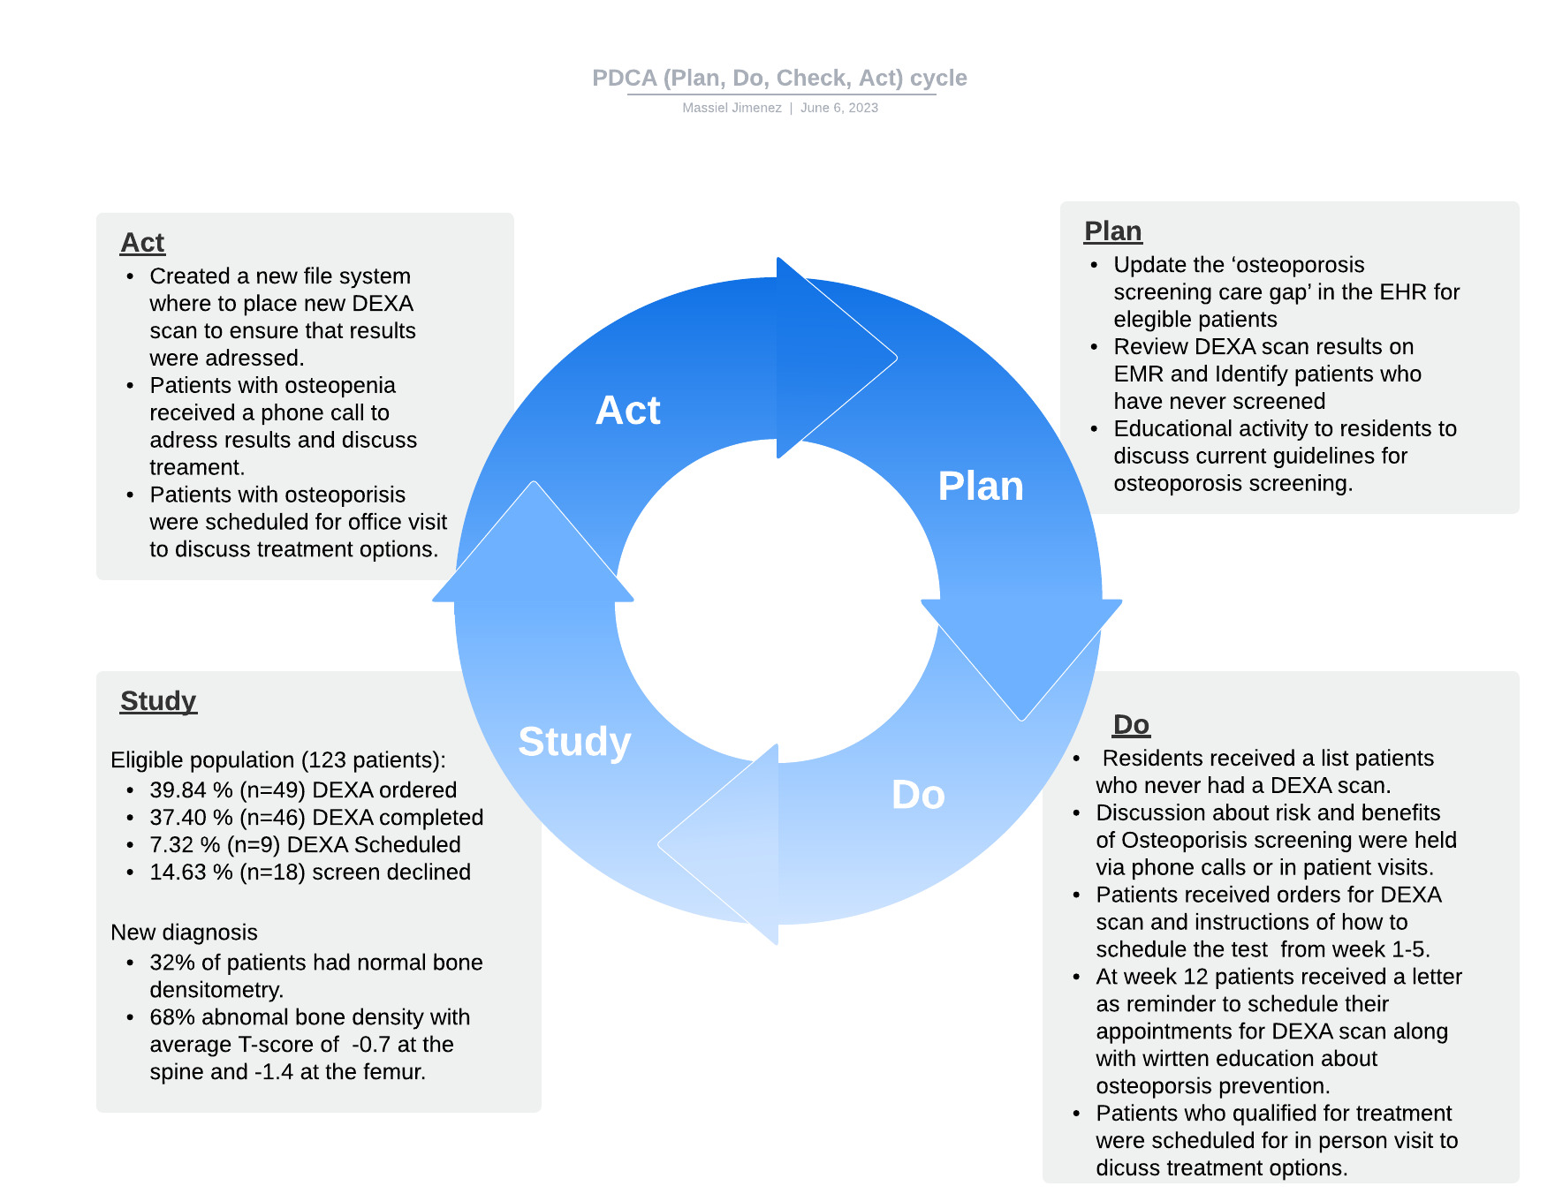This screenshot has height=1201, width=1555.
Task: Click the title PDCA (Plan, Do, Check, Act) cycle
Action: coord(779,78)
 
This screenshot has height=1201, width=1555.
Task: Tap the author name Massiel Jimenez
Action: coord(732,108)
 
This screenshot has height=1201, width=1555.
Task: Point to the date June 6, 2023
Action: coord(839,108)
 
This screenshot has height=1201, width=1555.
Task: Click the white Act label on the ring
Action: coord(627,411)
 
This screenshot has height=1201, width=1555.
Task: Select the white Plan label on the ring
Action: coord(981,487)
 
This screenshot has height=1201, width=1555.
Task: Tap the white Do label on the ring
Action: coord(918,795)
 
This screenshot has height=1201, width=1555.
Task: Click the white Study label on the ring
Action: coord(574,742)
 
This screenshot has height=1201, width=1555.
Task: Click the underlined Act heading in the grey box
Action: coord(142,242)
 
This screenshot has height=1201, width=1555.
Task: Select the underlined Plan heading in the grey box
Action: coord(1112,230)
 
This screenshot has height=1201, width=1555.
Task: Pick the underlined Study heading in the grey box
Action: coord(158,700)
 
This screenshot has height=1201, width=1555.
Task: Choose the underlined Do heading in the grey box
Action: coord(1131,724)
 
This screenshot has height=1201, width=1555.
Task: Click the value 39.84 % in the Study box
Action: coord(191,790)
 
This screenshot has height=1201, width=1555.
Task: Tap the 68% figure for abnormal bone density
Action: coord(169,1017)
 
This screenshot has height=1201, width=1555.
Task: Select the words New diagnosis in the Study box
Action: coord(184,933)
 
